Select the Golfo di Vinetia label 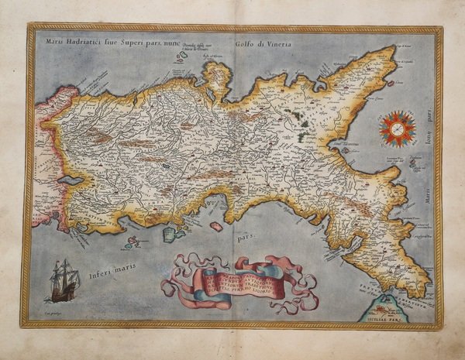tap(259, 42)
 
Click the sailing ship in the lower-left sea tap(63, 281)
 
